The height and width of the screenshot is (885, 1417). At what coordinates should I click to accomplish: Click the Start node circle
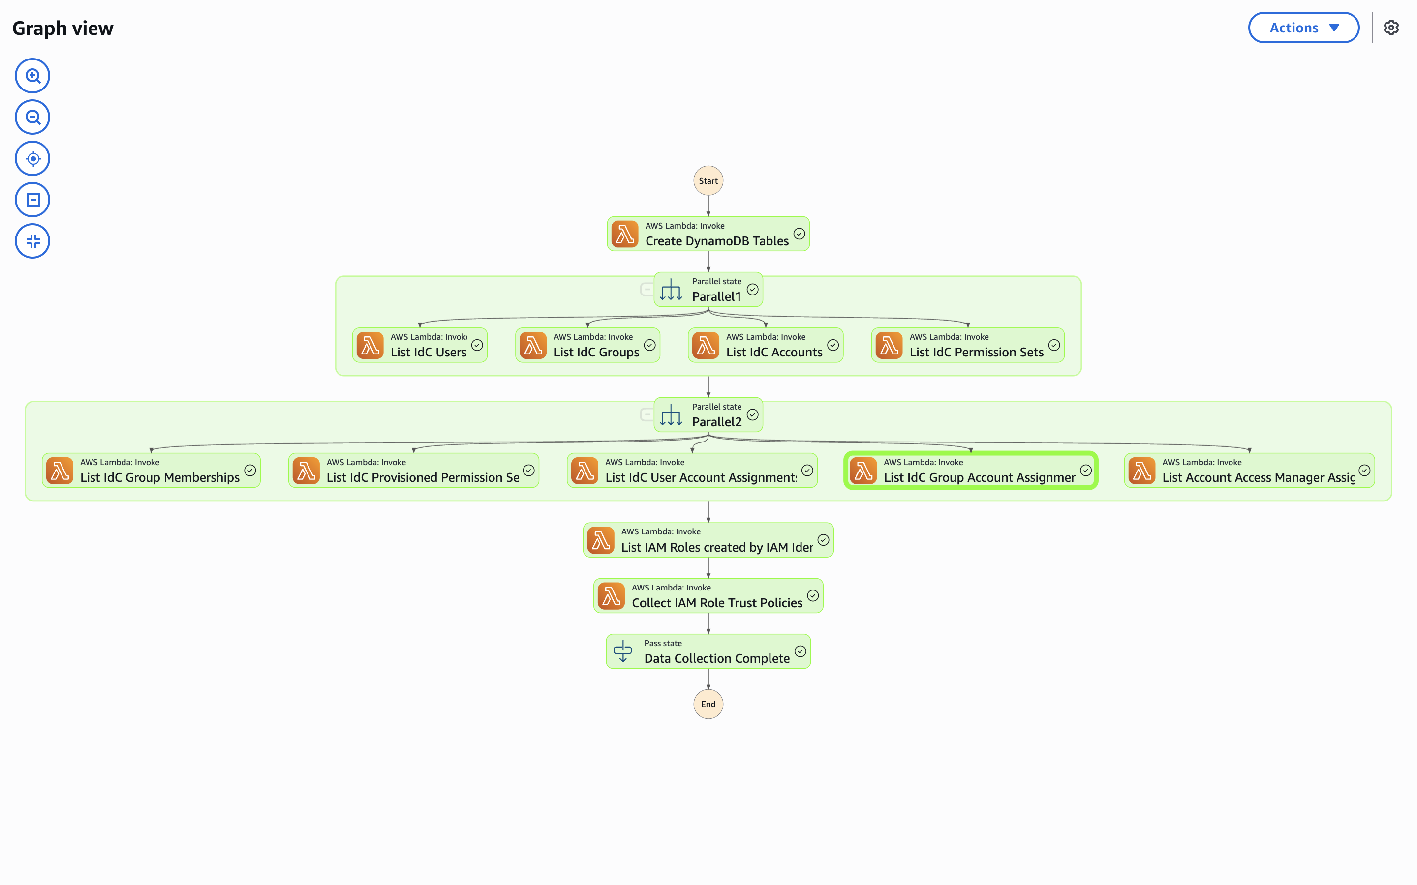708,181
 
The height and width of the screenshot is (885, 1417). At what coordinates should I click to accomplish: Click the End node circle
708,704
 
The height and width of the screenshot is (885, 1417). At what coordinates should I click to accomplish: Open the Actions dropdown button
1303,28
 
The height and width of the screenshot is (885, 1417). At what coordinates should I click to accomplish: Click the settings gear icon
1391,28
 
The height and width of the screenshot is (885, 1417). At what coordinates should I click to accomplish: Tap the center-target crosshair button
33,159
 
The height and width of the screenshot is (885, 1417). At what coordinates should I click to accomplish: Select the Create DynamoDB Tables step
708,234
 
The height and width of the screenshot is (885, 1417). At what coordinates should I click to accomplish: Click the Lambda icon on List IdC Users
370,345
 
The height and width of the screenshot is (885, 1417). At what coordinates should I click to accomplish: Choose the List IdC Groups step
587,345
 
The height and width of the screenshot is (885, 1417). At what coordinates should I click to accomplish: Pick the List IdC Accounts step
765,345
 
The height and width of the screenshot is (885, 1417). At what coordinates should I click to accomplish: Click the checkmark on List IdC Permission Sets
1054,345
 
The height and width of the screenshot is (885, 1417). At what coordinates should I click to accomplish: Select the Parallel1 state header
708,290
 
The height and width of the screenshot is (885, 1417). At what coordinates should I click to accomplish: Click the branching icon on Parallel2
671,415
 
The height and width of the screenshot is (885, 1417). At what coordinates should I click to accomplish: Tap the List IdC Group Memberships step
151,471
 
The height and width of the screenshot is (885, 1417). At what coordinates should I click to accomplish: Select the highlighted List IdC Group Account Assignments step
971,471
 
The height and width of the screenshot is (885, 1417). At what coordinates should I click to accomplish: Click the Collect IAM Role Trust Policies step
708,596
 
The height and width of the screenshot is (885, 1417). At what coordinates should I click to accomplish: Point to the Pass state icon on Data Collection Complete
622,651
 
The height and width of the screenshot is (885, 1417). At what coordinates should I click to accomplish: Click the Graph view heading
62,28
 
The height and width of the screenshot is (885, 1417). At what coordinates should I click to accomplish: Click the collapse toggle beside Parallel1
647,289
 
